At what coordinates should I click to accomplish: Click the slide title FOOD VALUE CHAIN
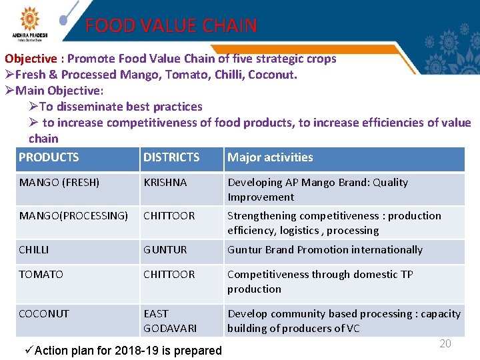(x=171, y=26)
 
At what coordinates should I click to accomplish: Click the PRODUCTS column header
(x=49, y=158)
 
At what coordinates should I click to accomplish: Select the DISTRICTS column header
(x=171, y=158)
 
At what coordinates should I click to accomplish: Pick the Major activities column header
(x=270, y=158)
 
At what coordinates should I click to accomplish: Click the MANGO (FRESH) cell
(x=59, y=183)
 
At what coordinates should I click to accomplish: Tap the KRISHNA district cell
(x=165, y=183)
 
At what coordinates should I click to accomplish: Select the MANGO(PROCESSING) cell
(x=73, y=216)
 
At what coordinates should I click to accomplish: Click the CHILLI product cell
(x=34, y=250)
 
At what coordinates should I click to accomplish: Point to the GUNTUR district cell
(x=165, y=250)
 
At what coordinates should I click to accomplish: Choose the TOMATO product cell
(x=41, y=275)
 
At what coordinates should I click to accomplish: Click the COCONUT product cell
(x=44, y=314)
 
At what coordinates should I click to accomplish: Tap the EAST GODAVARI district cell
(x=170, y=321)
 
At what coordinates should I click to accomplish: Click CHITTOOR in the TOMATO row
(x=169, y=275)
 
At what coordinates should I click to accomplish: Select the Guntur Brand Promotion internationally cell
(x=325, y=250)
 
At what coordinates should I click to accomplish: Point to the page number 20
(x=445, y=343)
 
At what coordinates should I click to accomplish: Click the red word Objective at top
(x=31, y=59)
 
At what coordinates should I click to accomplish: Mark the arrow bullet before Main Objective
(x=9, y=91)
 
